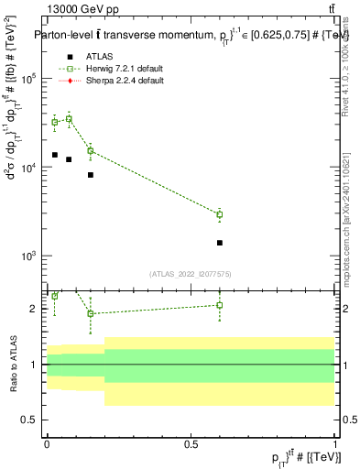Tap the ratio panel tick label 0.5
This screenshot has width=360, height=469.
30,420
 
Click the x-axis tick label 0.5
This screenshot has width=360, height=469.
191,444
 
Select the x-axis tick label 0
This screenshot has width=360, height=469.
47,444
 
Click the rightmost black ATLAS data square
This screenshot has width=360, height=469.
220,243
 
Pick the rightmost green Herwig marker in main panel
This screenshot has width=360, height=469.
220,214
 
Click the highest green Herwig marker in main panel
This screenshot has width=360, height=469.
69,119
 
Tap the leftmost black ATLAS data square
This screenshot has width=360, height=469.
55,155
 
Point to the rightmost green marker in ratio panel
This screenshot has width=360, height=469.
220,305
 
